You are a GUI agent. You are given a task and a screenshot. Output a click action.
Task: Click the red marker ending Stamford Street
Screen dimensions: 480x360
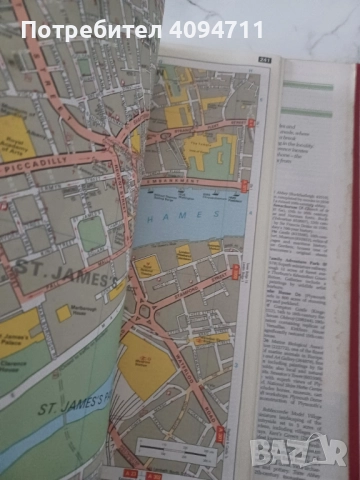(235, 269)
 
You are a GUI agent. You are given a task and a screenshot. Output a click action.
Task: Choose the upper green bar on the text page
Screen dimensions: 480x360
(307, 86)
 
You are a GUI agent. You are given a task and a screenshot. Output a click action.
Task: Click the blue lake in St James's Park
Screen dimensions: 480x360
(40, 440)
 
